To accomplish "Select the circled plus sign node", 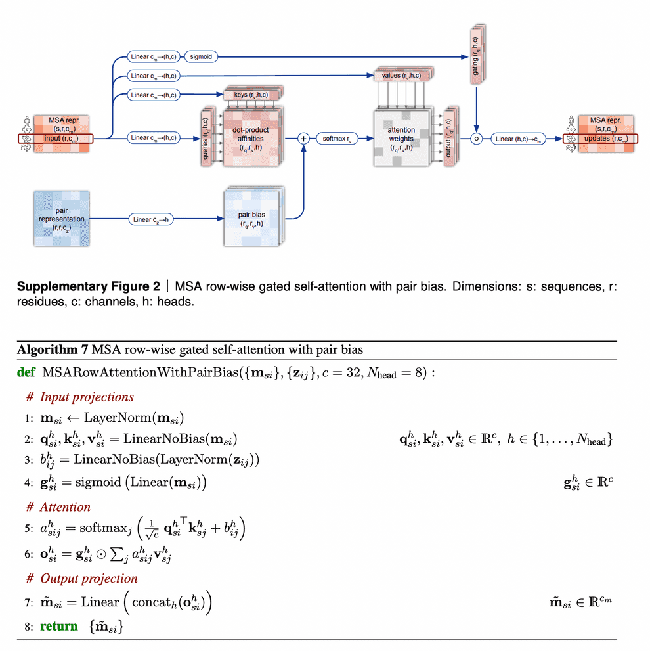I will pos(303,139).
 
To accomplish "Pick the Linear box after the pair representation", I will pos(152,220).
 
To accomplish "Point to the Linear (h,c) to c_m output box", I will pos(519,139).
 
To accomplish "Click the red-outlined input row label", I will pos(57,139).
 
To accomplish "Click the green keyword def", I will pos(26,373).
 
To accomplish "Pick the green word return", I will pos(59,626).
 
